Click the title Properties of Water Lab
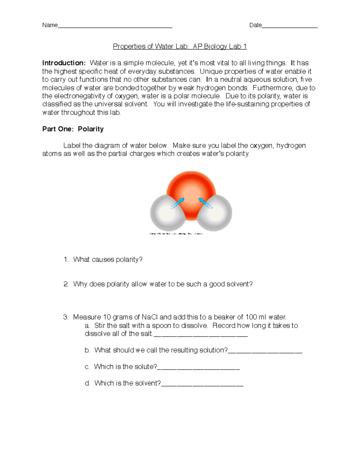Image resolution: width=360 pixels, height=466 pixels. click(180, 46)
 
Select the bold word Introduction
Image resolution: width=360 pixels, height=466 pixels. click(64, 63)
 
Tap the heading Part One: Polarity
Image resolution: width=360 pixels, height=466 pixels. click(73, 129)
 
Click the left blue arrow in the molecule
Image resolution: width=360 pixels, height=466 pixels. click(177, 203)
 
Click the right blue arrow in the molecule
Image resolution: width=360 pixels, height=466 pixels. click(205, 203)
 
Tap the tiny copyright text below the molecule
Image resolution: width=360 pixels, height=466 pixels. click(176, 234)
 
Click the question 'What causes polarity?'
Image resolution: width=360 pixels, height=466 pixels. click(108, 260)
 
